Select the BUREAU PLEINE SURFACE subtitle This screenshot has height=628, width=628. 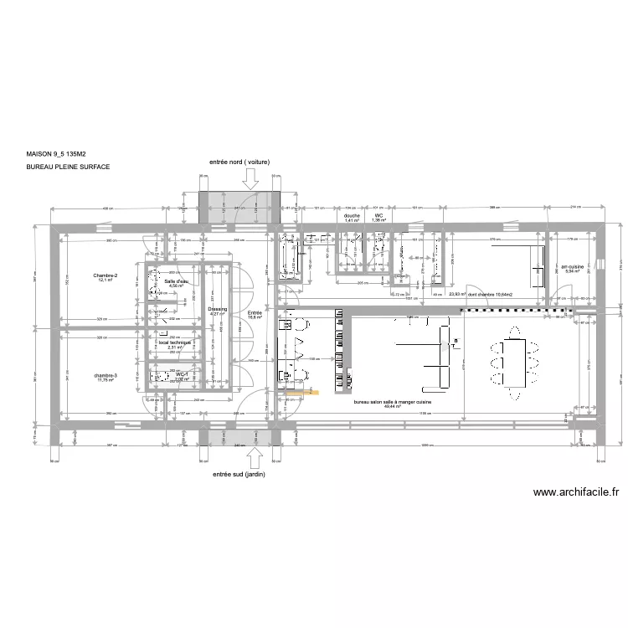tap(68, 167)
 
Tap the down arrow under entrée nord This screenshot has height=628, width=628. tap(249, 178)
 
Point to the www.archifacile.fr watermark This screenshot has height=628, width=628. tap(575, 493)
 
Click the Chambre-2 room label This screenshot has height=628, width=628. tap(106, 278)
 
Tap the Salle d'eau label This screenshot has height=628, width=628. tap(176, 283)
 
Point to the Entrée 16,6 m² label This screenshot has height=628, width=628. tap(255, 314)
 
